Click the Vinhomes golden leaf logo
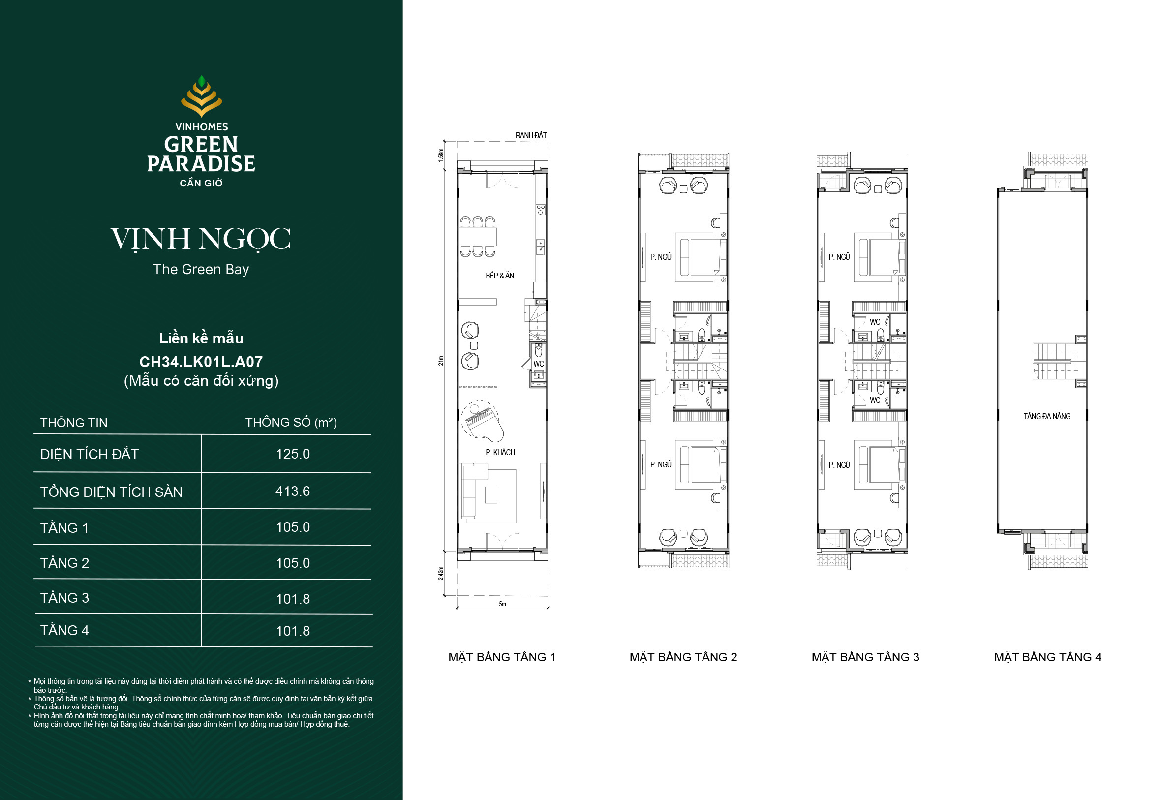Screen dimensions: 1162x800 [201, 96]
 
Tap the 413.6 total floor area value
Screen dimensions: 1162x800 [293, 491]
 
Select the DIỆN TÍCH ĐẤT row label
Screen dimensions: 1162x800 [89, 454]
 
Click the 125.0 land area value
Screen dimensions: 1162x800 [293, 454]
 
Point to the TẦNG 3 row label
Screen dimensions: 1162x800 [64, 598]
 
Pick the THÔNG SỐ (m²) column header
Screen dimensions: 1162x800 [291, 422]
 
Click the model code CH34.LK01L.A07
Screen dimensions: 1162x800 [201, 362]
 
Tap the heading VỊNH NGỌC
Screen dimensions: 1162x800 [201, 239]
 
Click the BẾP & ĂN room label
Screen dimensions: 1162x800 [499, 276]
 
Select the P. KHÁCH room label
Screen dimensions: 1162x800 [500, 452]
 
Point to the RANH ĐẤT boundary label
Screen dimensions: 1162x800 [531, 135]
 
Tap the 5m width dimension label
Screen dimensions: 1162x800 [502, 604]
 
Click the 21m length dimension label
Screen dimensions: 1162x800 [441, 361]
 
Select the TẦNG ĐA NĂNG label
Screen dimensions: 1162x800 [1047, 417]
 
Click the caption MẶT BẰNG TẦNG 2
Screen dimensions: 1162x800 [683, 657]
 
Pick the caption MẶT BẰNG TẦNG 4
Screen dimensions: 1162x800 [1048, 657]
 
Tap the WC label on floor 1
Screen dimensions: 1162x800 [539, 364]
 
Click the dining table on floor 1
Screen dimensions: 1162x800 [479, 237]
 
